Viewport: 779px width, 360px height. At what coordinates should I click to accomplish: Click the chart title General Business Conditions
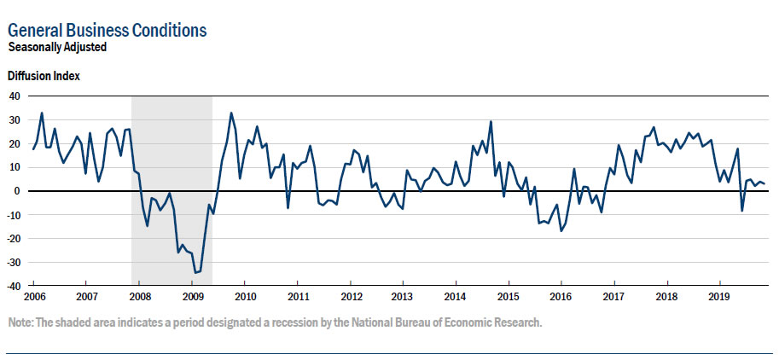[x=107, y=31]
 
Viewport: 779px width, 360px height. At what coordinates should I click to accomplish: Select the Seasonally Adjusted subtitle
[x=57, y=48]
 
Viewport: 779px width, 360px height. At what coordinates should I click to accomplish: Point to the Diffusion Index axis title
[x=44, y=76]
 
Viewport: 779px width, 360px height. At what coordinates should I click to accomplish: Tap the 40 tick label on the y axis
[x=15, y=96]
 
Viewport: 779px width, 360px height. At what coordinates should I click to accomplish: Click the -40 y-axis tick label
[x=13, y=287]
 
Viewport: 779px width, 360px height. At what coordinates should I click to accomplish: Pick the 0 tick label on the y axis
[x=17, y=191]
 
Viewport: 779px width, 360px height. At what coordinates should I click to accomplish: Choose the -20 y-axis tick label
[x=13, y=239]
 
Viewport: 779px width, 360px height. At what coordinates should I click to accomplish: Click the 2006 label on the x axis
[x=34, y=297]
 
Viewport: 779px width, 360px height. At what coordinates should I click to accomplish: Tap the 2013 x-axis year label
[x=403, y=297]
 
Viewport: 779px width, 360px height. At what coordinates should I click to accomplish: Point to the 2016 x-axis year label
[x=561, y=297]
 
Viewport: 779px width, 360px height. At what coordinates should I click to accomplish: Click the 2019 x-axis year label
[x=719, y=297]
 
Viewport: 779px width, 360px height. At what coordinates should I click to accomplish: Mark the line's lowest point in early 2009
[x=195, y=272]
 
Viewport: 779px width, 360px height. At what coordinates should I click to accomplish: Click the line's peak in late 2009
[x=231, y=113]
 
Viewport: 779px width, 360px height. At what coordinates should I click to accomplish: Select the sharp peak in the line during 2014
[x=491, y=121]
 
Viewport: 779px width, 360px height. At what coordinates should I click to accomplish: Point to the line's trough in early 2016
[x=561, y=231]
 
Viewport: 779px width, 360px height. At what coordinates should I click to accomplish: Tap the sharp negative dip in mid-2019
[x=741, y=211]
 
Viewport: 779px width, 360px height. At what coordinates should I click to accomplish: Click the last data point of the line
[x=765, y=184]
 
